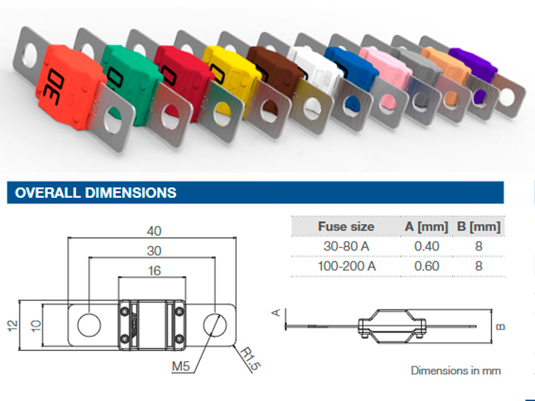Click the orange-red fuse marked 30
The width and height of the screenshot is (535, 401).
pyautogui.click(x=70, y=87)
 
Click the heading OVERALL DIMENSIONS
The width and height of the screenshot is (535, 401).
pyautogui.click(x=96, y=192)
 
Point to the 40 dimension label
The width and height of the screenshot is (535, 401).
pyautogui.click(x=154, y=231)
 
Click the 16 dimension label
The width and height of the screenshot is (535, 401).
pyautogui.click(x=154, y=271)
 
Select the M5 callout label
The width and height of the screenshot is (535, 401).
pyautogui.click(x=181, y=366)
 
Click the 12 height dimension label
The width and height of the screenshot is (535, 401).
pyautogui.click(x=13, y=325)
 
